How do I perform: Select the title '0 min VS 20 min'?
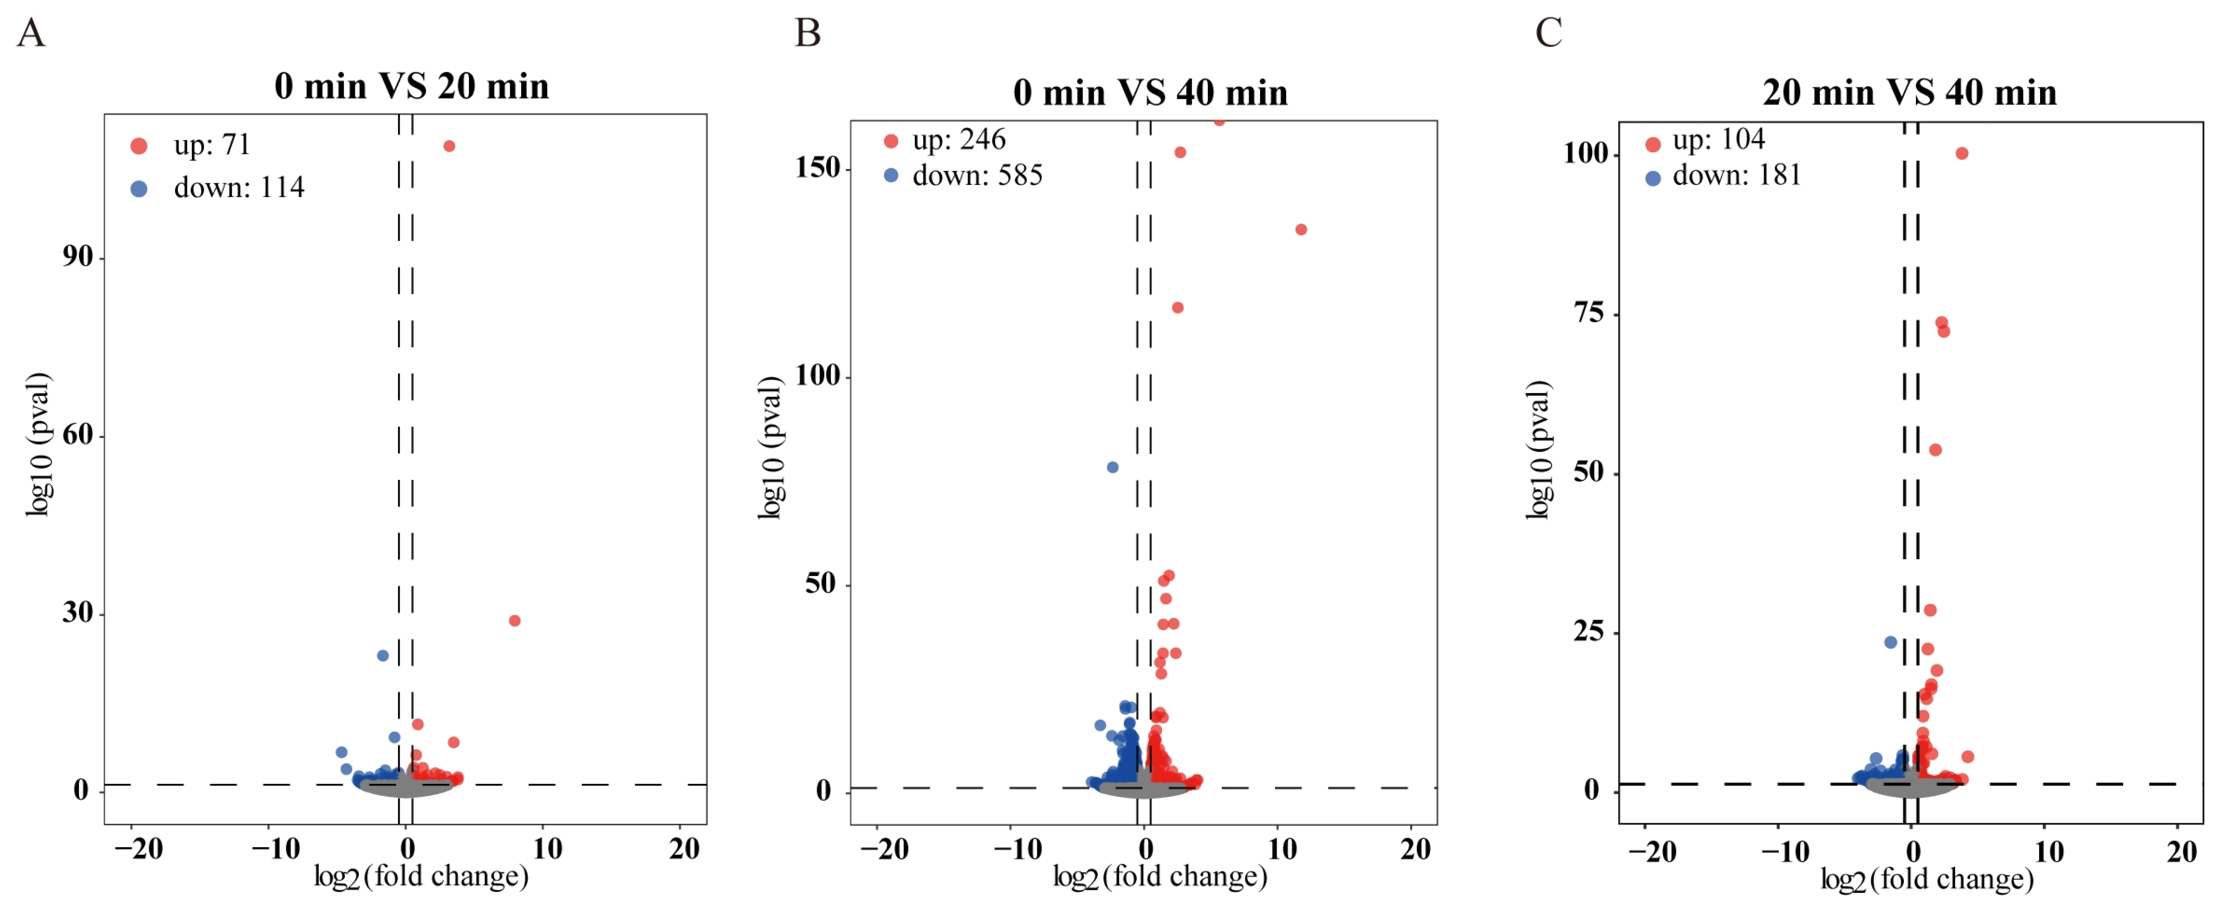coord(411,86)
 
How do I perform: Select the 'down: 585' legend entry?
coord(962,175)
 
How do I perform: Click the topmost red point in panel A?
coord(449,146)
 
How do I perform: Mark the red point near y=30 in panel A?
coord(515,621)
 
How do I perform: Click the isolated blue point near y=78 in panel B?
coord(1113,467)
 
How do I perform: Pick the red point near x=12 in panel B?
coord(1301,229)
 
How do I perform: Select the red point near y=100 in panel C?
coord(1962,153)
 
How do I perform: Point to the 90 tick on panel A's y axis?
coord(77,257)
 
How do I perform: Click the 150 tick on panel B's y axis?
coord(817,167)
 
